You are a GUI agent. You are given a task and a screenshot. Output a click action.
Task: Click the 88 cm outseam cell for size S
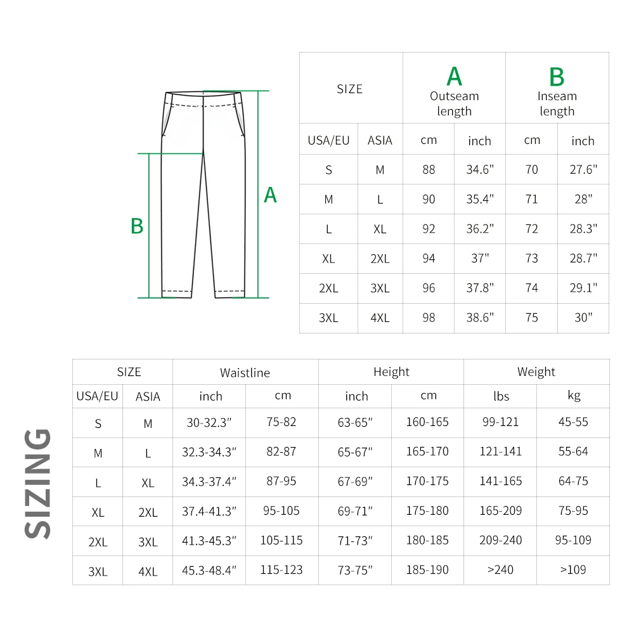(x=429, y=170)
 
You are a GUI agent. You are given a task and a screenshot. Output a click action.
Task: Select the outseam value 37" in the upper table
(x=480, y=259)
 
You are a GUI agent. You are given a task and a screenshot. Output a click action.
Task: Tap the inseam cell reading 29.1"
(x=583, y=288)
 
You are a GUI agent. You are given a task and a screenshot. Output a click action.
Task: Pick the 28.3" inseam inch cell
(x=583, y=229)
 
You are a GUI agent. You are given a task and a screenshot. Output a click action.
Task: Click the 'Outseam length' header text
(x=454, y=104)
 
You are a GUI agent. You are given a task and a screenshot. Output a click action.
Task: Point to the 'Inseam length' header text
(x=557, y=104)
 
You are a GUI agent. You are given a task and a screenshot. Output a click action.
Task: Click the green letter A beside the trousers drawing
(x=270, y=195)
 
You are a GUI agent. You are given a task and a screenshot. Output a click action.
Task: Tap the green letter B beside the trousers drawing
(x=137, y=226)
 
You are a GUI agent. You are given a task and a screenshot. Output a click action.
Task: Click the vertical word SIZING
(x=38, y=483)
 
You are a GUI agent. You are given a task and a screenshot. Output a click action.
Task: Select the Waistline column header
(x=245, y=373)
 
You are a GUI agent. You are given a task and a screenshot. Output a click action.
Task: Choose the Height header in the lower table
(x=391, y=372)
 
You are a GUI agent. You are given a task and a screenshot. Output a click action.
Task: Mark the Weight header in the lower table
(x=536, y=372)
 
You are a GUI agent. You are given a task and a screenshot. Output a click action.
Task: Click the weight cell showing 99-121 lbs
(x=500, y=422)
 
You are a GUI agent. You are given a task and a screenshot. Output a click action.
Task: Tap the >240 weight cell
(x=500, y=570)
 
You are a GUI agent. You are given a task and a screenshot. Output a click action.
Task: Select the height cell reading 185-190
(x=427, y=570)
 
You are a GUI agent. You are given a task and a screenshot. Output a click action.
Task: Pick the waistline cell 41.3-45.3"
(x=209, y=541)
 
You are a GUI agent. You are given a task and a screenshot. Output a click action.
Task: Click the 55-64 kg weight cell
(x=573, y=451)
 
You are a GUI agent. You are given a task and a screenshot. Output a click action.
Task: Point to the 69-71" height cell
(x=355, y=511)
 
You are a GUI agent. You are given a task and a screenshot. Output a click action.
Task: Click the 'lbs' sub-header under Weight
(x=501, y=396)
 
